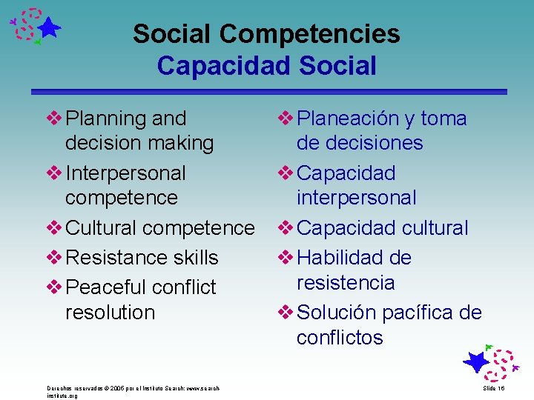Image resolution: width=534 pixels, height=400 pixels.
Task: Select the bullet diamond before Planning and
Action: click(56, 118)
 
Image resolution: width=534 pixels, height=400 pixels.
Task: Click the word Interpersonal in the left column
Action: click(125, 173)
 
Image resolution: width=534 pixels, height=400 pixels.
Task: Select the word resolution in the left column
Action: click(110, 313)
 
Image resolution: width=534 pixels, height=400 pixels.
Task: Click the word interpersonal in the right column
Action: click(356, 198)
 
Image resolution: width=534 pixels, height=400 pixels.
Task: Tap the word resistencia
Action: click(345, 283)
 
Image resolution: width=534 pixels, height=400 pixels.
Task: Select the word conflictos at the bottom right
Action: click(340, 338)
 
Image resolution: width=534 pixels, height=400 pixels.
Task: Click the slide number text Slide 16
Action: click(494, 388)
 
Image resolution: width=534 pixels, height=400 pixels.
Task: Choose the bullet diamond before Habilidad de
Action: click(286, 258)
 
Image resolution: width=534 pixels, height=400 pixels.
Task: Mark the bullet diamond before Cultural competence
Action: click(56, 228)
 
